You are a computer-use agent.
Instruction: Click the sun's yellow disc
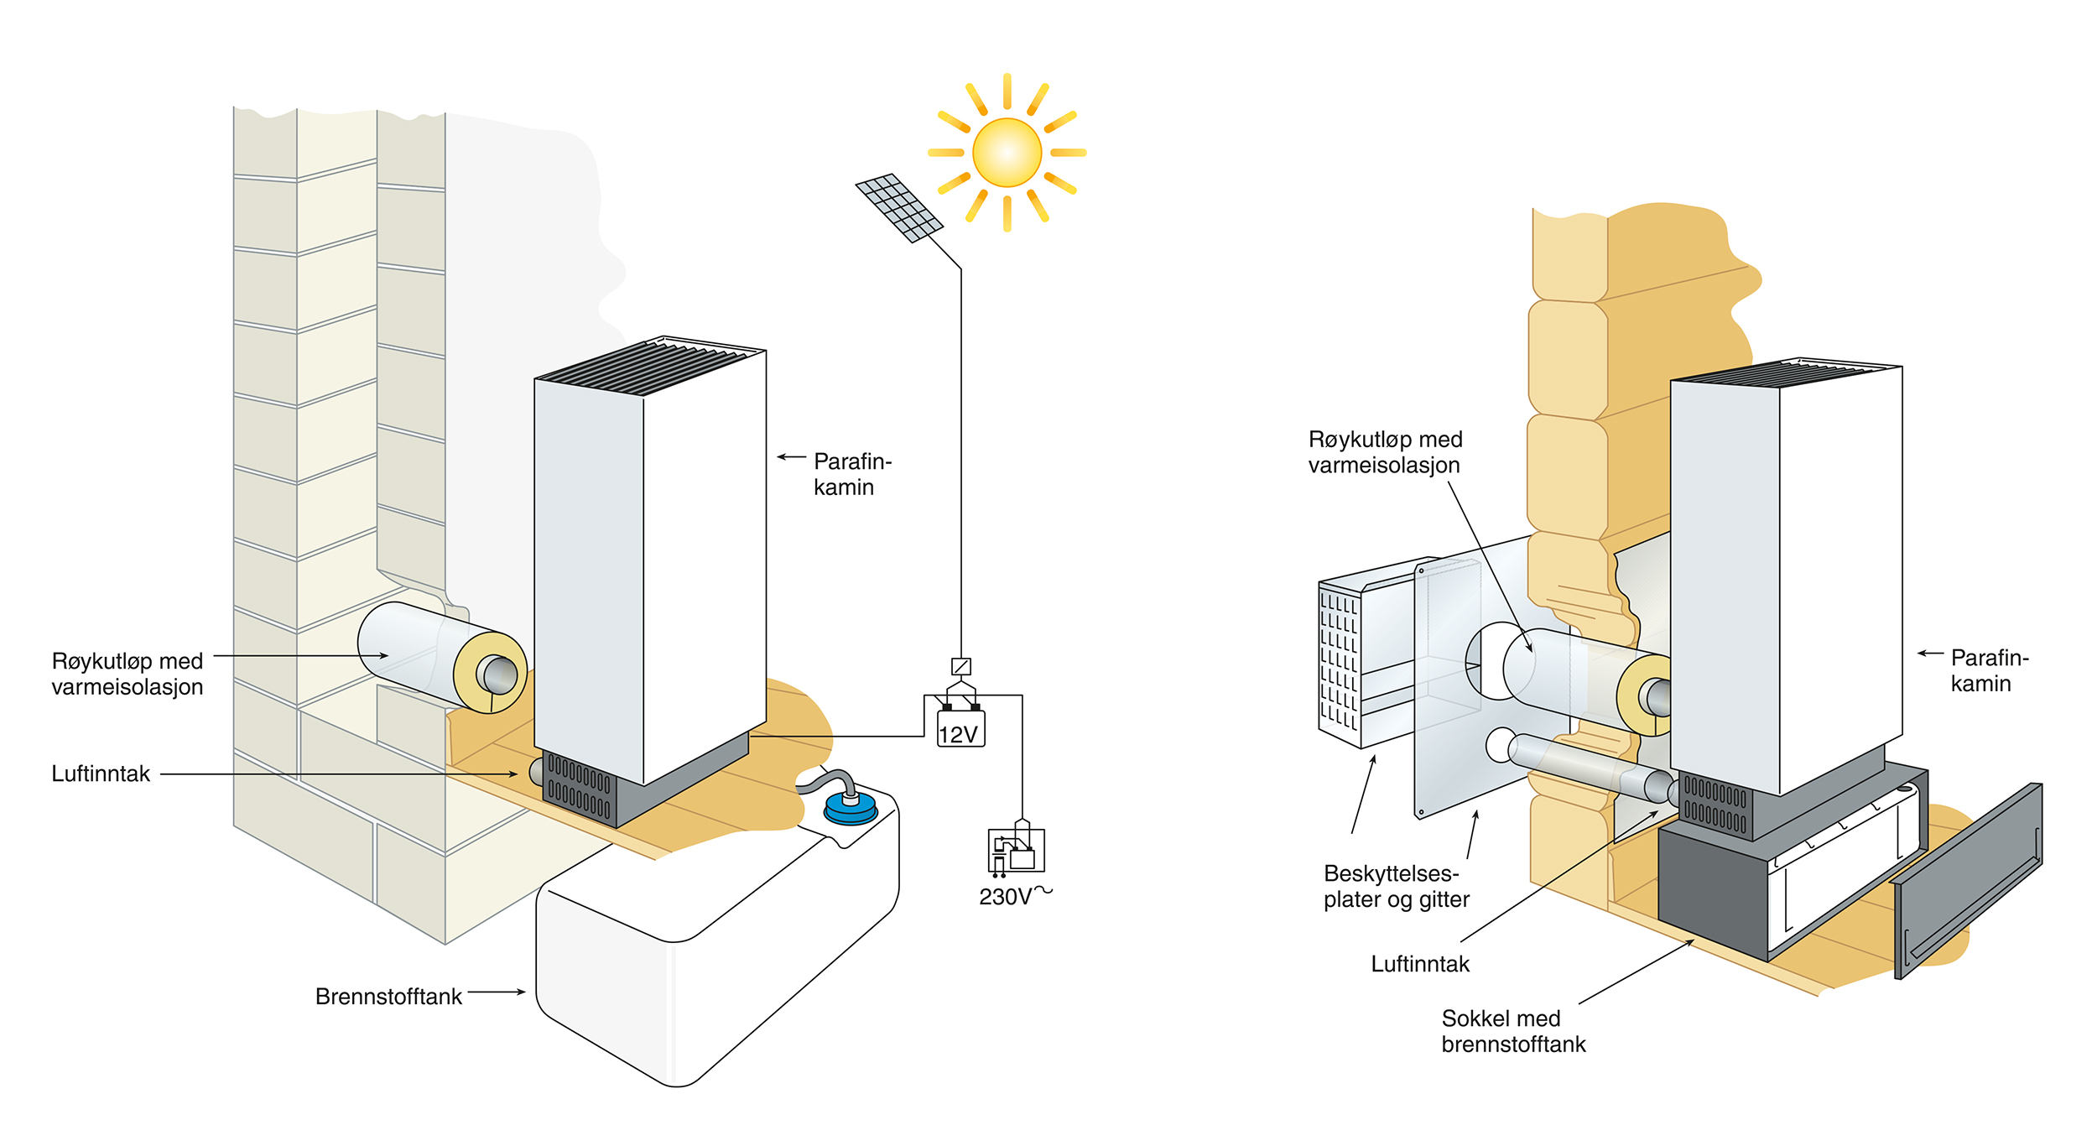(x=1007, y=153)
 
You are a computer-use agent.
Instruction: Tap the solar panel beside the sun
(x=899, y=207)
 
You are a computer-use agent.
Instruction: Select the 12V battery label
(x=959, y=734)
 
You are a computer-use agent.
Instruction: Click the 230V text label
(x=1006, y=898)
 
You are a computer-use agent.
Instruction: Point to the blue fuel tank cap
(x=851, y=807)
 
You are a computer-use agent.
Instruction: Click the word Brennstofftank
(x=388, y=997)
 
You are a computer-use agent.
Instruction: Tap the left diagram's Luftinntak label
(x=101, y=774)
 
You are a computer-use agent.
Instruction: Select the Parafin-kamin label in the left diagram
(x=851, y=474)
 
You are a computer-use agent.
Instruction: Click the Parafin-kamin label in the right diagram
(x=1989, y=670)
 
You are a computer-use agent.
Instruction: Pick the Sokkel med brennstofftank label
(x=1513, y=1031)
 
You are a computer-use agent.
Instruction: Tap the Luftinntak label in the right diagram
(x=1420, y=964)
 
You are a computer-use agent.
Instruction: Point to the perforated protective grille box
(x=1340, y=659)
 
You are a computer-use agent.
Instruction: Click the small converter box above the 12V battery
(x=961, y=666)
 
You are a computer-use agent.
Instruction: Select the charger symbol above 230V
(x=1016, y=852)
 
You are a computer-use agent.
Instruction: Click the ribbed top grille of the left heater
(x=650, y=366)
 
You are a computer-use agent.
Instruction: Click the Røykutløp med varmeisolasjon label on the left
(x=127, y=674)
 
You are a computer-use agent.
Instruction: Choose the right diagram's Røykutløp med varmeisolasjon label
(x=1385, y=452)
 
